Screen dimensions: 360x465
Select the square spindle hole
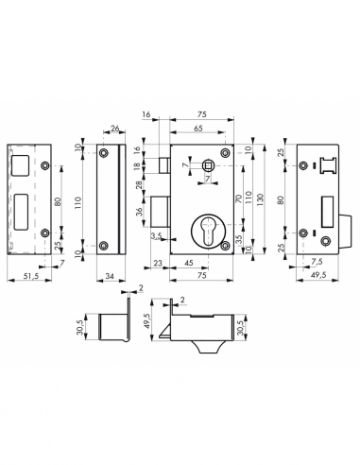pyautogui.click(x=208, y=165)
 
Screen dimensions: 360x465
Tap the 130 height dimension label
pyautogui.click(x=261, y=199)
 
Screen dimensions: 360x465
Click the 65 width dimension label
pyautogui.click(x=198, y=129)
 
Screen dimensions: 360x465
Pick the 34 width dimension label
pyautogui.click(x=110, y=276)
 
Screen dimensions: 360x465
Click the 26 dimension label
pyautogui.click(x=115, y=128)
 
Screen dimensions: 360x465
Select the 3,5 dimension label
pyautogui.click(x=156, y=235)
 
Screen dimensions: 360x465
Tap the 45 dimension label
pyautogui.click(x=188, y=263)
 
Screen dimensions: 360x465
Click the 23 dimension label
pyautogui.click(x=157, y=263)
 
